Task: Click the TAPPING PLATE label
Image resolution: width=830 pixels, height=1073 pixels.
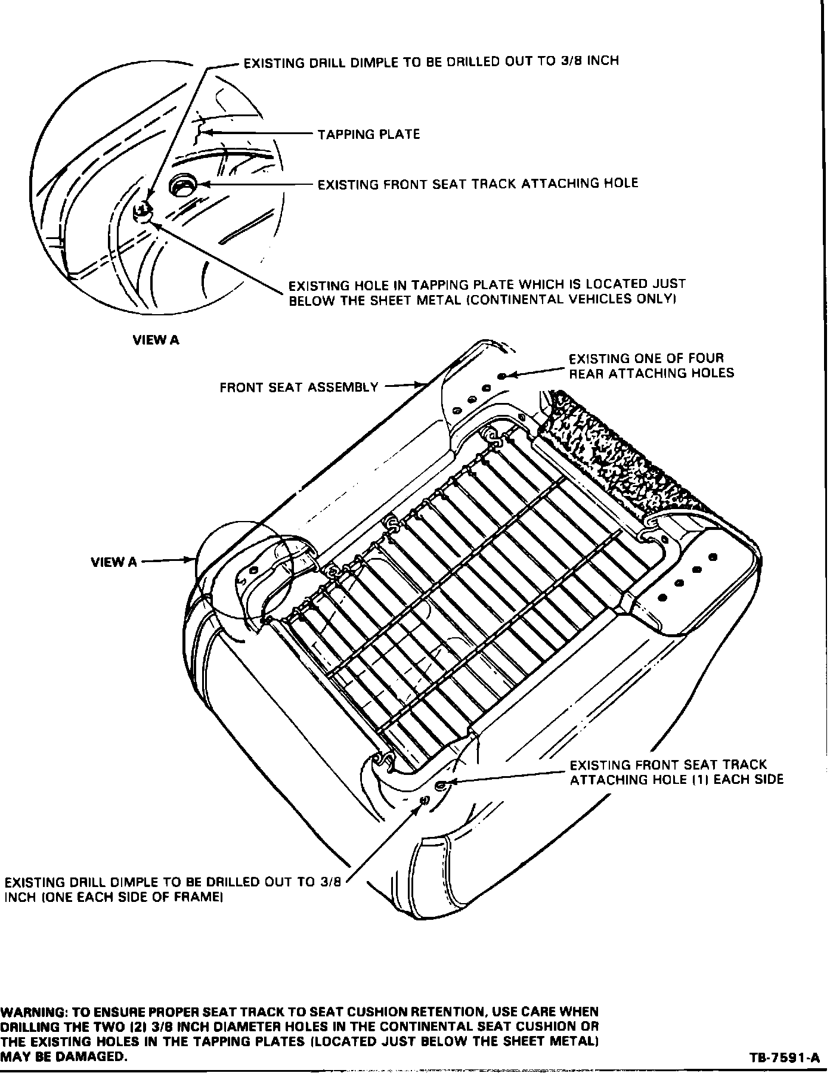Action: point(368,134)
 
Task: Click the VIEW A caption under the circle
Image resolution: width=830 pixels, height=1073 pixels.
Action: point(155,340)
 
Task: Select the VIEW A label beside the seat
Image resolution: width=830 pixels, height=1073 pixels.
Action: point(113,562)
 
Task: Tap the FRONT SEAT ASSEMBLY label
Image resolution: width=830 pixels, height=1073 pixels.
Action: point(299,387)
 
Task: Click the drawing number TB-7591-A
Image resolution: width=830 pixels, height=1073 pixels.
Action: point(785,1058)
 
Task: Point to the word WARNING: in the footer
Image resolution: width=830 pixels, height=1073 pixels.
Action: point(33,1012)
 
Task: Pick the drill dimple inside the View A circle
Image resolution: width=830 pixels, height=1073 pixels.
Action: point(144,210)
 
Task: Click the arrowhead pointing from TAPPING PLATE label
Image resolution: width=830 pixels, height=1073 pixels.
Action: point(205,132)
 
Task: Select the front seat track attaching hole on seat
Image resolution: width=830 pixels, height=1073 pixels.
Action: point(441,785)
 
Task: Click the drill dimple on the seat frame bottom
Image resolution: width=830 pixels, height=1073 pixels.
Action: point(425,800)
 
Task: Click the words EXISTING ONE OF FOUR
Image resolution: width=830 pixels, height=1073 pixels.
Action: point(646,358)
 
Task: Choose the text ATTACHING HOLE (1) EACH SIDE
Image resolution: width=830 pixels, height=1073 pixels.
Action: point(677,780)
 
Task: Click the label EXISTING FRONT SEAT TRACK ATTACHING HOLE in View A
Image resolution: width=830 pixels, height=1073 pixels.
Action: point(477,184)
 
